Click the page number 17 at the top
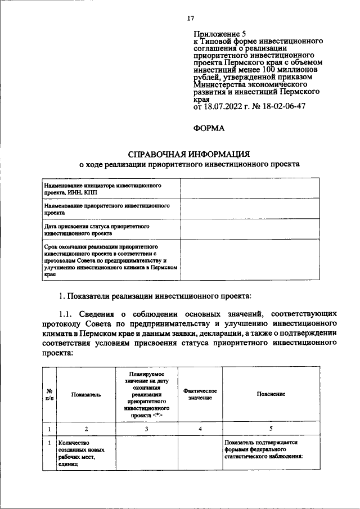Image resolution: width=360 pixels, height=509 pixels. pos(191,19)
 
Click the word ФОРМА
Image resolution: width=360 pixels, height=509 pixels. pos(209,128)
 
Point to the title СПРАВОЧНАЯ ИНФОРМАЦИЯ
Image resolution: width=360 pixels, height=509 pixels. pos(189,154)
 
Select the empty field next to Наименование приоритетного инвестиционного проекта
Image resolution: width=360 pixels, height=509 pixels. pos(250,209)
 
